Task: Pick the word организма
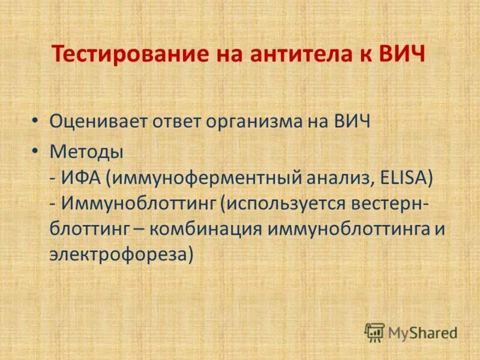point(257,122)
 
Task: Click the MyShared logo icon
point(374,332)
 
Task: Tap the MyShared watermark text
point(421,332)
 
